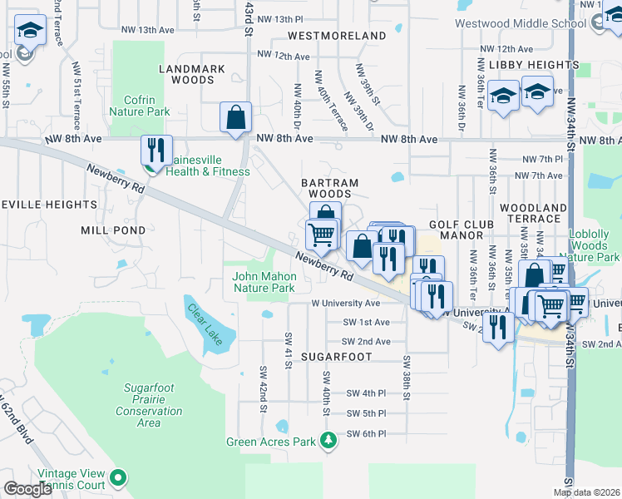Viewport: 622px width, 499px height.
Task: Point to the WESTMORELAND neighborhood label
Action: coord(337,36)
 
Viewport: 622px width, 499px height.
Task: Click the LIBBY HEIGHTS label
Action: coord(533,64)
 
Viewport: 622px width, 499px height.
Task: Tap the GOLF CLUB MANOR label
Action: coord(462,230)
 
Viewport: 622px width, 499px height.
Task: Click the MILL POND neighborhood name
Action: coord(113,230)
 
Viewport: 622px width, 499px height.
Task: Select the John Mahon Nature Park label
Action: coord(264,283)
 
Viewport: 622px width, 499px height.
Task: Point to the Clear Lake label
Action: coord(204,324)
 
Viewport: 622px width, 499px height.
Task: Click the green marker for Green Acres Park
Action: coord(328,440)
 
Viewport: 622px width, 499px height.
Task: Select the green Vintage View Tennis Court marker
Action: coord(119,477)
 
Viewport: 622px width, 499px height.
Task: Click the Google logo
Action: coord(27,489)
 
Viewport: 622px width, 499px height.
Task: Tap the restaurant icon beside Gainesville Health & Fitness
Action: coord(155,150)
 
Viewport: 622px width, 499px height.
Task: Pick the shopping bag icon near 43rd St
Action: coord(236,117)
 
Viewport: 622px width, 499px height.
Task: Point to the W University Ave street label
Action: coord(346,304)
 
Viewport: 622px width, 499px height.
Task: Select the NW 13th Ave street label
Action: coord(146,30)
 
